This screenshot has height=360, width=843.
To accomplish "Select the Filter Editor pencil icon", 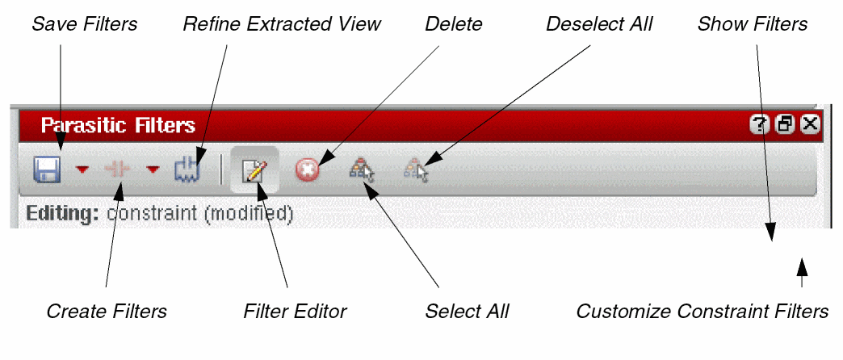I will (x=255, y=170).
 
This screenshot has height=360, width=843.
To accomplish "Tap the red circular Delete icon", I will (x=307, y=170).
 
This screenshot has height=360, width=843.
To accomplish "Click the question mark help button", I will (x=760, y=124).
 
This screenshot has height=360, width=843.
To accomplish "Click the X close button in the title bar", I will (x=810, y=124).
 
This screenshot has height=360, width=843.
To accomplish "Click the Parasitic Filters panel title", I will (x=118, y=125).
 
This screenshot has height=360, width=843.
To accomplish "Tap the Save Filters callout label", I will (x=84, y=24).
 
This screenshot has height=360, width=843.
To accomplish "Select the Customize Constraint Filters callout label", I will (x=702, y=312).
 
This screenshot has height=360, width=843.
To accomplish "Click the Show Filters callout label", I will (x=753, y=24).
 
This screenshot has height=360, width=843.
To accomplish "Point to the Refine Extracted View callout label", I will (x=281, y=24).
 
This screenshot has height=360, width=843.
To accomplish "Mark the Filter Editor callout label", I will (x=295, y=312).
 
